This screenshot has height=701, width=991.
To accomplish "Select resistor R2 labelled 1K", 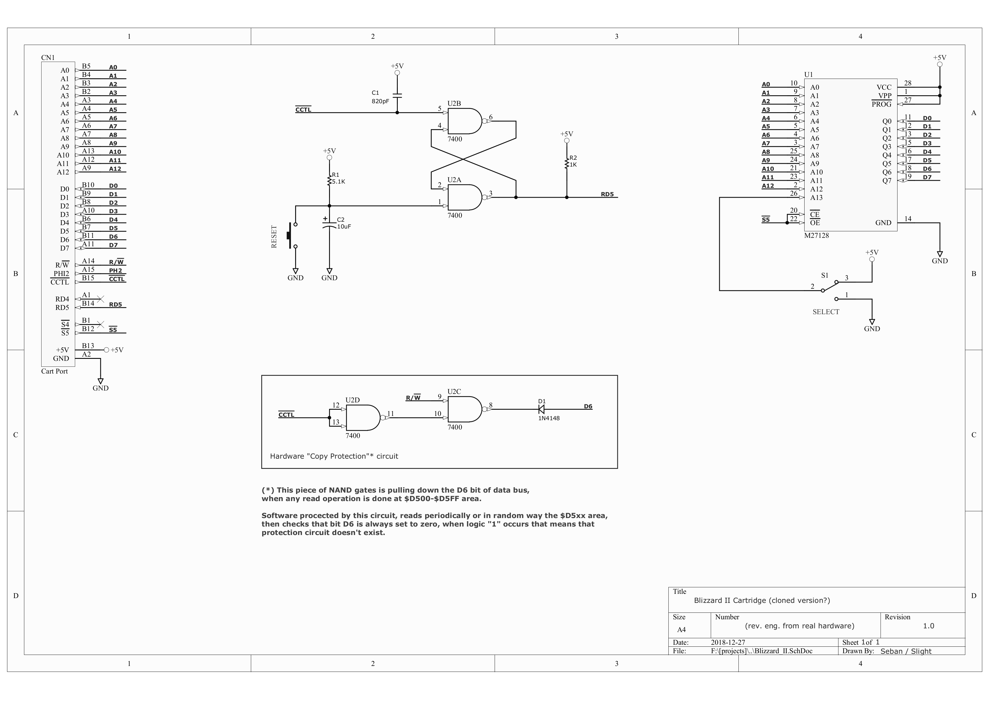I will click(x=567, y=163).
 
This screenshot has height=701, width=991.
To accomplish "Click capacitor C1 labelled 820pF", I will click(x=397, y=96).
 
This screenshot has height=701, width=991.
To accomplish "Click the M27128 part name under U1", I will click(x=816, y=235).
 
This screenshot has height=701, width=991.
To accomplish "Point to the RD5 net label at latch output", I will click(x=607, y=194).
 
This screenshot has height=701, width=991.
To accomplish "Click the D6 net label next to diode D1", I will click(x=588, y=406).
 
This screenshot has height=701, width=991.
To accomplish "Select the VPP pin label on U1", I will click(x=884, y=96).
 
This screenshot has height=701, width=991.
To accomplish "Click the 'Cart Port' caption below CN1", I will click(x=55, y=372).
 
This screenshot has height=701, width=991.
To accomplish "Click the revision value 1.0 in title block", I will click(x=928, y=626).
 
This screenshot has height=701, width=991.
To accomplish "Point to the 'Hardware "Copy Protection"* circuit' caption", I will click(x=334, y=456).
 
